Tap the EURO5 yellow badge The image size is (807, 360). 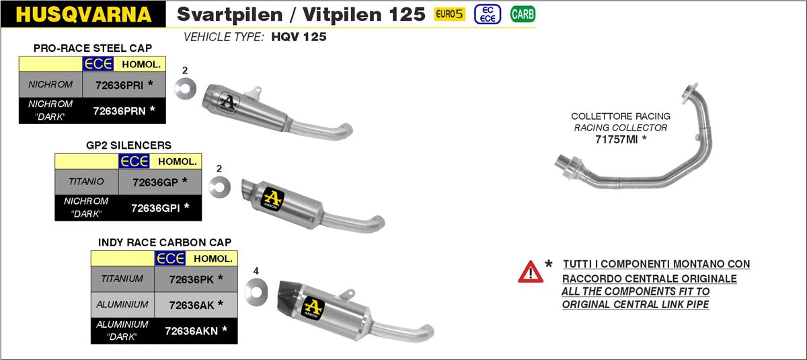coord(450,14)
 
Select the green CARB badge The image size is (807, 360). coord(523,14)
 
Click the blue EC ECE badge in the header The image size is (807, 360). coord(487,14)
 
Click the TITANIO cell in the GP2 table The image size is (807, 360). coord(86,182)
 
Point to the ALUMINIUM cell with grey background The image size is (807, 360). coord(122,304)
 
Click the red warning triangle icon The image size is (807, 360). coord(530,271)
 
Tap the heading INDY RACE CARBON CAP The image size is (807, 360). coord(164,242)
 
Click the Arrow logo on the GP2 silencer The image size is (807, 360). coord(273,198)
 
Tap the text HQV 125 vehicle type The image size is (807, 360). coord(299,37)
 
